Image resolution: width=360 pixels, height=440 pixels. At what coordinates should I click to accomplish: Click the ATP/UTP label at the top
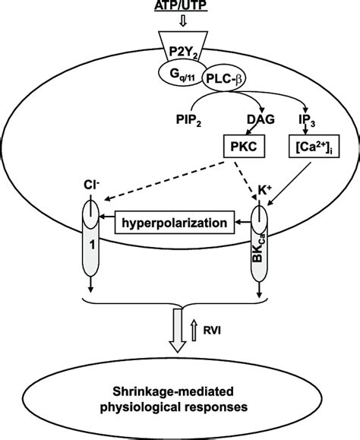click(x=181, y=5)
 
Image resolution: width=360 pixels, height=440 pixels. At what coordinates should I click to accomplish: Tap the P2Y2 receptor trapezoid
click(x=183, y=46)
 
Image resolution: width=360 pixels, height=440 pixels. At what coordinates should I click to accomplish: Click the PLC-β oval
click(x=223, y=79)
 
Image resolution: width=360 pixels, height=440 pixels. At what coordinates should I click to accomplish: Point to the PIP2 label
click(x=188, y=120)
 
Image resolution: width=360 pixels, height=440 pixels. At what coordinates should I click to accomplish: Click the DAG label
click(x=261, y=119)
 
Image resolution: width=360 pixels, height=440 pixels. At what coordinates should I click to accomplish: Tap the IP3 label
click(x=306, y=120)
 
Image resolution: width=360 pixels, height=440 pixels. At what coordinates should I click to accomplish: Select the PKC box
click(x=244, y=147)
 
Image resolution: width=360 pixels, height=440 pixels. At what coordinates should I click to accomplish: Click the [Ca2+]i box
click(x=314, y=147)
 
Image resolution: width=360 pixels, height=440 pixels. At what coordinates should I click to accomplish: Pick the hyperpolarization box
click(x=175, y=223)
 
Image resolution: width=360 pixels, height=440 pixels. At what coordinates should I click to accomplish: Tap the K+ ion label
click(x=264, y=191)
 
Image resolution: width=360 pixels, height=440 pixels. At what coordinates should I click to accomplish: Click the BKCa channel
click(x=259, y=243)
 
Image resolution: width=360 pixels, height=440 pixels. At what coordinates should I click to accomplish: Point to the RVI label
click(x=212, y=331)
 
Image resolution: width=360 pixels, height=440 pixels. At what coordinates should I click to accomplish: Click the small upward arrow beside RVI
click(x=194, y=331)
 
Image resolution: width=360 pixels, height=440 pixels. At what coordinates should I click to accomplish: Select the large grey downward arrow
click(x=178, y=331)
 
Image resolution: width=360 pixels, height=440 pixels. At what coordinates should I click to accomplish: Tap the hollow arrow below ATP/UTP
click(x=183, y=21)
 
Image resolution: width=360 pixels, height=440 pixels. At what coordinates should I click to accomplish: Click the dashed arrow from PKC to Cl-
click(x=164, y=181)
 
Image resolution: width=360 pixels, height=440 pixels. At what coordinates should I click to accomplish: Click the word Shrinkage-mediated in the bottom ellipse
click(x=173, y=391)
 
